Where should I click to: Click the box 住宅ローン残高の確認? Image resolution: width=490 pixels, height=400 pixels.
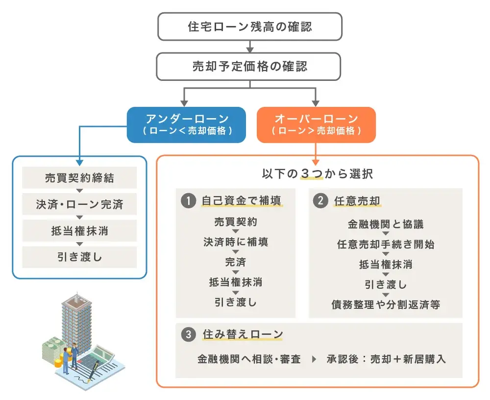pos(250,27)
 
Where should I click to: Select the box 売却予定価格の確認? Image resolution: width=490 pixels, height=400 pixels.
pos(250,66)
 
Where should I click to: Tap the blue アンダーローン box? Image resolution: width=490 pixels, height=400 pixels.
pos(186,125)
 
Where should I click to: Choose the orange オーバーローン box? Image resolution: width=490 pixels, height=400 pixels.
pos(316,125)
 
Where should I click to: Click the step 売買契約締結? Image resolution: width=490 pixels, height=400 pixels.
pos(79,178)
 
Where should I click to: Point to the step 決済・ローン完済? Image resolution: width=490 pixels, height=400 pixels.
pos(79,204)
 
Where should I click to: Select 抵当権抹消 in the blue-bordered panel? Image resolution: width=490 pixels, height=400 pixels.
pos(79,231)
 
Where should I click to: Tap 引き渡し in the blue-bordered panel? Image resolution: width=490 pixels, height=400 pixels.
pos(79,257)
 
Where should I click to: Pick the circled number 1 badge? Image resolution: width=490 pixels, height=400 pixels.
pos(188,201)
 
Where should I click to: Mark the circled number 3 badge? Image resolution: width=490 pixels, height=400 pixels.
pos(188,335)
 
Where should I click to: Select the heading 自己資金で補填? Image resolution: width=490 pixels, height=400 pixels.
pos(242,201)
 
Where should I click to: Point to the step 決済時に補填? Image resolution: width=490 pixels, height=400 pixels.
pos(236,242)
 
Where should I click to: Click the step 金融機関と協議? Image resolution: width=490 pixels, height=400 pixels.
pos(386,225)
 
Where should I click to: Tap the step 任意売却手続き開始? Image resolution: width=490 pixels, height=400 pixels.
pos(386,245)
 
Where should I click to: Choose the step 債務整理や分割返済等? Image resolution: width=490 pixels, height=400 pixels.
pos(386,304)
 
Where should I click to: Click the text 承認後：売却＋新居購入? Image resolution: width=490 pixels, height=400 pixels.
pos(387,359)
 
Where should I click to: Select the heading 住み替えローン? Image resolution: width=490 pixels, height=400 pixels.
pos(243,335)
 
